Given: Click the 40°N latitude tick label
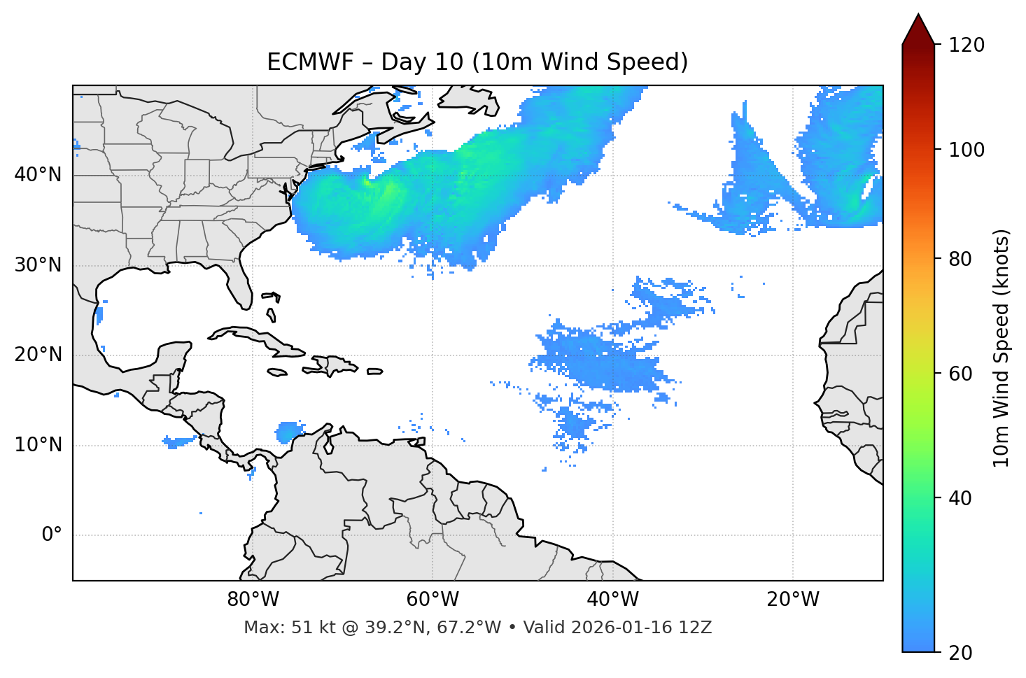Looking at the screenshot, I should click(38, 175).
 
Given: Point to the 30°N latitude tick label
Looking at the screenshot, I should click(38, 265).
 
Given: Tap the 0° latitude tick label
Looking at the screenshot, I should click(52, 535).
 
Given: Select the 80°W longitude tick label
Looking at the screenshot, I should click(253, 600).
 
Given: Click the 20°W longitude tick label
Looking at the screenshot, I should click(793, 600).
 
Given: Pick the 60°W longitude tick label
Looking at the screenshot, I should click(433, 600).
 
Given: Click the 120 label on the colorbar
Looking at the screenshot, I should click(967, 45).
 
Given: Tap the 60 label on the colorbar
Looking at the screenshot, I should click(960, 374).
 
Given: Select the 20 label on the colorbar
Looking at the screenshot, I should click(960, 653).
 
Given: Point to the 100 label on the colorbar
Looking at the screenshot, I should click(967, 150).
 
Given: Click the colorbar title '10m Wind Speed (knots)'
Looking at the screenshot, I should click(1002, 348).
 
